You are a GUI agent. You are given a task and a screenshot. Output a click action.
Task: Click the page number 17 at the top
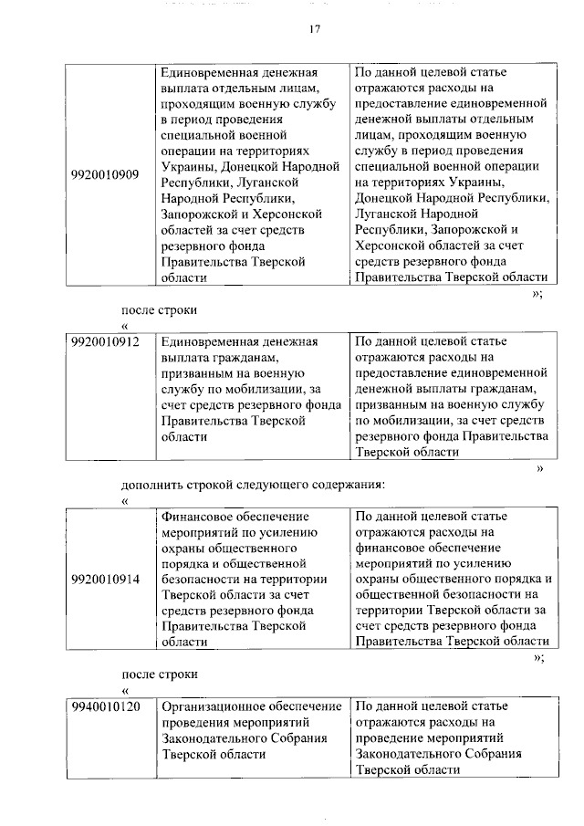point(314,30)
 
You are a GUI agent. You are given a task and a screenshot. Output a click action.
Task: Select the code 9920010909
point(105,174)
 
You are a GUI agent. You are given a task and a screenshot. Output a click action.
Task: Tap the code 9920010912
point(105,342)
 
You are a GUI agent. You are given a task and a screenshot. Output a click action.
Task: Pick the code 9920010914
point(105,579)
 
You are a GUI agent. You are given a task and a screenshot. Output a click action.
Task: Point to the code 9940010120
point(105,706)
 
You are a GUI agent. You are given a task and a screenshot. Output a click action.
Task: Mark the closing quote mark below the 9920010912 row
point(540,468)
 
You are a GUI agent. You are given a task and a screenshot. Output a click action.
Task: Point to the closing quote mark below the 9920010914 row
point(538,656)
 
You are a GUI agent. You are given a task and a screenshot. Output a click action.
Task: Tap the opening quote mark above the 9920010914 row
point(125,500)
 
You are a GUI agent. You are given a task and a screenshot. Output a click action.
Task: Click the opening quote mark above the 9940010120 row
point(125,690)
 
